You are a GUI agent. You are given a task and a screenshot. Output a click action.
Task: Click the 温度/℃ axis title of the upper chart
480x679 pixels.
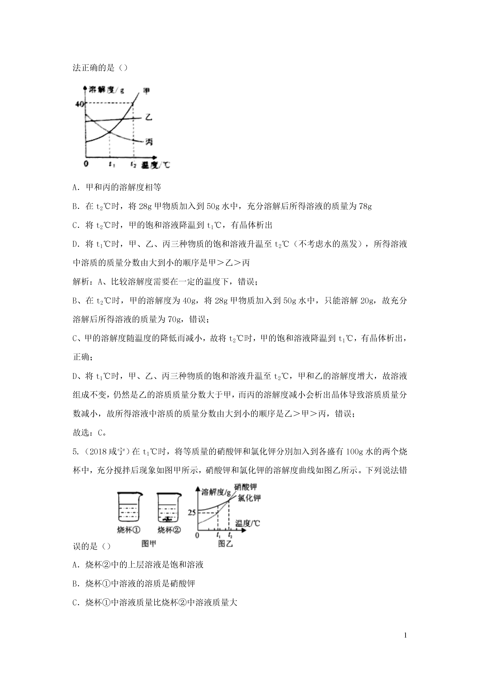coord(156,165)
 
